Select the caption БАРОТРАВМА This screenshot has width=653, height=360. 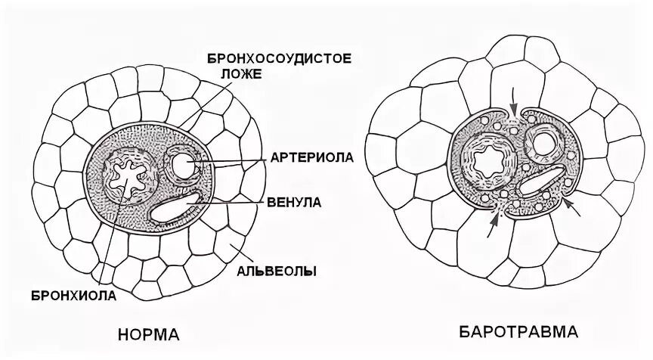point(516,332)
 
